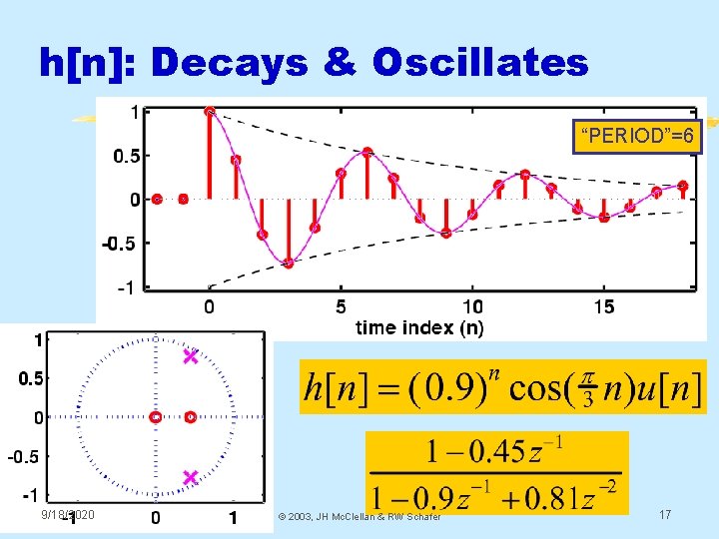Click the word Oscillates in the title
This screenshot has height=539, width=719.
(480, 63)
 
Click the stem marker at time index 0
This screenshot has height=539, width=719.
(210, 112)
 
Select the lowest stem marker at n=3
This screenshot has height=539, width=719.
(289, 264)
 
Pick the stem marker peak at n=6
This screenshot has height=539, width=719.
(367, 153)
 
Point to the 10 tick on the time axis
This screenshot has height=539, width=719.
(471, 306)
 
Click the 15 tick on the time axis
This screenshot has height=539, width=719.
(603, 306)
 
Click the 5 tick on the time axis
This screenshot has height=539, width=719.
(341, 306)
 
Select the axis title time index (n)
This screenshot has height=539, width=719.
(419, 326)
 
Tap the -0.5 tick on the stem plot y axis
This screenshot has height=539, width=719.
(121, 243)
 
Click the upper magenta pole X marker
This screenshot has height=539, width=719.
(191, 356)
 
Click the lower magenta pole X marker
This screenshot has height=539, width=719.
(191, 478)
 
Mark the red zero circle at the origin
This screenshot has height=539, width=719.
(156, 417)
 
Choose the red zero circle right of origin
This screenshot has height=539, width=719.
(190, 417)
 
